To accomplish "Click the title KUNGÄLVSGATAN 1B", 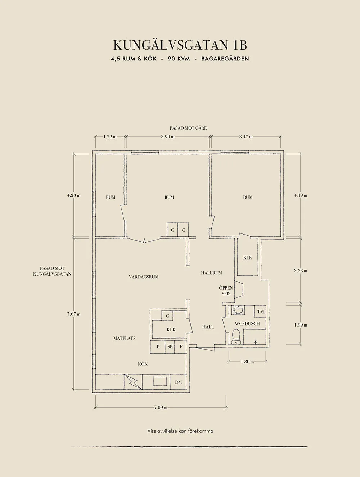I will point(180,45).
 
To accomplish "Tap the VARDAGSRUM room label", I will point(144,277).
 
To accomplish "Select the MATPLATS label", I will point(125,338).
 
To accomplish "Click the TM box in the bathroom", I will point(260,312).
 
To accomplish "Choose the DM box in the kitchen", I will point(179,382).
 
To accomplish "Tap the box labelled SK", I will point(170,347).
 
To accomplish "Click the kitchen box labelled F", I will point(181,347).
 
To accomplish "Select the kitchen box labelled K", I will point(158,347).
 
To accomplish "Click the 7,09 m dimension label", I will point(161,408).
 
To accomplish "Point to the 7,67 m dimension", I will point(73,314).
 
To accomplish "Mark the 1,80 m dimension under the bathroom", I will point(247,362).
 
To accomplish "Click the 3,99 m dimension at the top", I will point(168,137).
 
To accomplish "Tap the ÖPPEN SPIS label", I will point(226,291).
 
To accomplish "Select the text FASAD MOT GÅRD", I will point(189,128).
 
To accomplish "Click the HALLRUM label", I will point(211,273).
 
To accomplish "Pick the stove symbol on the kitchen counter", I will point(133,382).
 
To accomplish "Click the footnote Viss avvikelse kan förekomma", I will point(180,431).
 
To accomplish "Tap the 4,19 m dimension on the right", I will point(300,195).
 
